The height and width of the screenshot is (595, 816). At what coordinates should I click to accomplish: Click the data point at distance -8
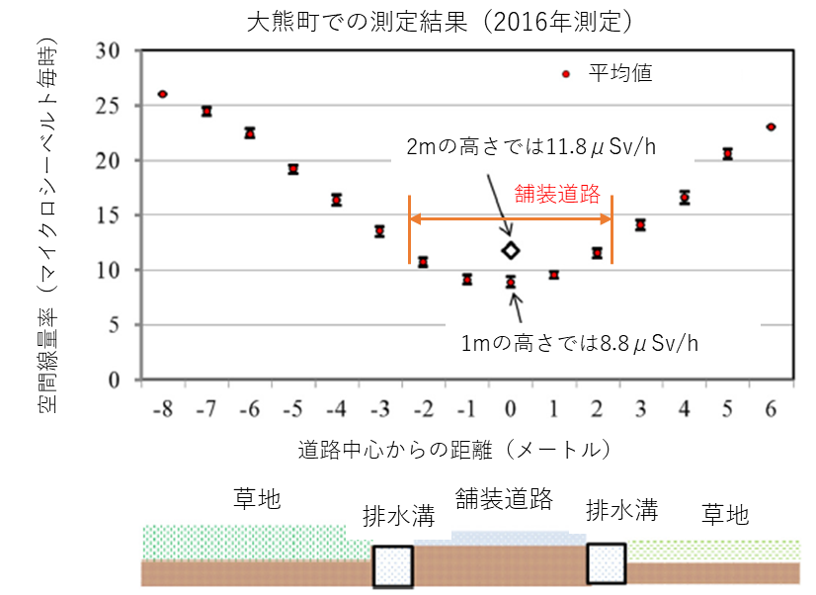(x=163, y=94)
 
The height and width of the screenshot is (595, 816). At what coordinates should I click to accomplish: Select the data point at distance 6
(x=771, y=127)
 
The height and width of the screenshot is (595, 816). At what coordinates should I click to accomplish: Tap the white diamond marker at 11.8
(x=510, y=251)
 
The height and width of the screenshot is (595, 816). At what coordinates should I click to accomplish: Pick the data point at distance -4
(x=337, y=200)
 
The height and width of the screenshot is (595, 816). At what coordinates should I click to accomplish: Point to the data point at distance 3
(x=640, y=225)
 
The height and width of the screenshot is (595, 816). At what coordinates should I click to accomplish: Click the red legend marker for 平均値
(x=565, y=74)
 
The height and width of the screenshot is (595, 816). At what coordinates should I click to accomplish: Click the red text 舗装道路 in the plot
(x=558, y=194)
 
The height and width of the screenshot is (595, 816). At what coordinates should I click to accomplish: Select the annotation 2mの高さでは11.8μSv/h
(x=532, y=148)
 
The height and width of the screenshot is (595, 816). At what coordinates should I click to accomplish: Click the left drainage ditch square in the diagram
(x=392, y=565)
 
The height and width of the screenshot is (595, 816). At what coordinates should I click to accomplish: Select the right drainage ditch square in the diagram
(x=606, y=563)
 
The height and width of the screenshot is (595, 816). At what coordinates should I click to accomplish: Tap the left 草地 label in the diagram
(x=258, y=498)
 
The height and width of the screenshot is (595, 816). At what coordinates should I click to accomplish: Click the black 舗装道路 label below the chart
(x=503, y=498)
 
